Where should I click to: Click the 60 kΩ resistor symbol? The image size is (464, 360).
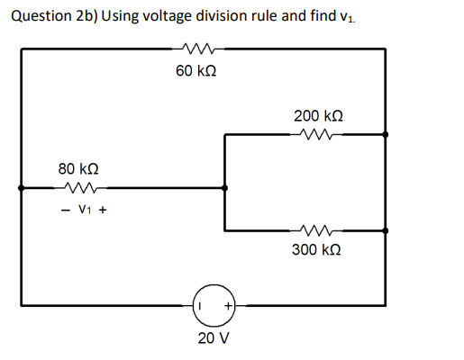pyautogui.click(x=196, y=49)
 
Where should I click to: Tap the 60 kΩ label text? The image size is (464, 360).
pyautogui.click(x=196, y=71)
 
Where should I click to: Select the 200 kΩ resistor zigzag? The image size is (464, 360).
pyautogui.click(x=318, y=135)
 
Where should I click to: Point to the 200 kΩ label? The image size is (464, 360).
pyautogui.click(x=318, y=117)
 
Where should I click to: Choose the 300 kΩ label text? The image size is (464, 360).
pyautogui.click(x=316, y=249)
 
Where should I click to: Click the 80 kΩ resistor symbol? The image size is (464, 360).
pyautogui.click(x=77, y=188)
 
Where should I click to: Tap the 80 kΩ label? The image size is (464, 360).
pyautogui.click(x=77, y=169)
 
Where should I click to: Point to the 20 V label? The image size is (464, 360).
pyautogui.click(x=213, y=339)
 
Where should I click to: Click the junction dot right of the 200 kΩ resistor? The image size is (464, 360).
pyautogui.click(x=386, y=135)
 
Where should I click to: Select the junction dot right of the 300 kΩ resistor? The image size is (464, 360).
pyautogui.click(x=386, y=230)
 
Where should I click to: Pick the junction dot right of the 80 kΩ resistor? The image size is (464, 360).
pyautogui.click(x=224, y=188)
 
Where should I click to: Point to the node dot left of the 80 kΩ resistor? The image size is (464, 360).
pyautogui.click(x=21, y=188)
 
